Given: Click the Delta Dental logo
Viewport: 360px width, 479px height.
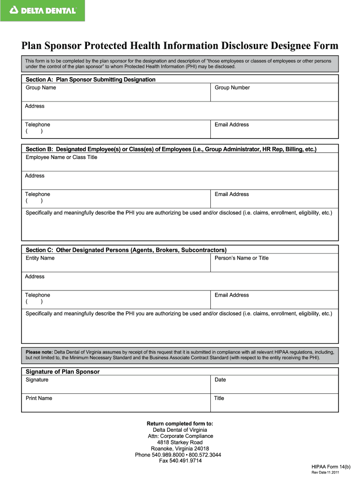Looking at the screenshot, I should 43,10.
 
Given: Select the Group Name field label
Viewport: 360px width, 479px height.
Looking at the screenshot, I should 41,88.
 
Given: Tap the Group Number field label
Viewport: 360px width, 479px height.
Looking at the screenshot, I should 232,88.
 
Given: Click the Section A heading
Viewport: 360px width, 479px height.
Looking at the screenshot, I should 90,80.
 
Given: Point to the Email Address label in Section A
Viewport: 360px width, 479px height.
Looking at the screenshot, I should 231,125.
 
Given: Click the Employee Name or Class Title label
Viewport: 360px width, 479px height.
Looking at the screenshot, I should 61,158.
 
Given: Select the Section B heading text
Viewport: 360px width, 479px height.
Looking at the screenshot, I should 171,149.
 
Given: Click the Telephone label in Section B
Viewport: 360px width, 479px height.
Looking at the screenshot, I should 37,195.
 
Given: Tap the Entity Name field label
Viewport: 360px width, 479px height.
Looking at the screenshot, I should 40,258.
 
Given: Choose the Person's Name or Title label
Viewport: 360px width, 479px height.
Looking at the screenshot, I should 241,258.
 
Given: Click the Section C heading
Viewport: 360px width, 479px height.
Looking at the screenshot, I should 126,250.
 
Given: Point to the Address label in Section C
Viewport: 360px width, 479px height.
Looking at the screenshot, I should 35,277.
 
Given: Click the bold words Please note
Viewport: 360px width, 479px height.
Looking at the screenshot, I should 39,352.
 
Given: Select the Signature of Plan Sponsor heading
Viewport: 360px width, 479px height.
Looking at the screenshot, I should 62,372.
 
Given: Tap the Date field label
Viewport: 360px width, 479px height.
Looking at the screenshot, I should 220,380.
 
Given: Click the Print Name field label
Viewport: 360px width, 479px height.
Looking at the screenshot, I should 39,399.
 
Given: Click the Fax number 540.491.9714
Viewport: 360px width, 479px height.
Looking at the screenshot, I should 180,461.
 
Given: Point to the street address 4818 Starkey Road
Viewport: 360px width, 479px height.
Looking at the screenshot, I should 180,443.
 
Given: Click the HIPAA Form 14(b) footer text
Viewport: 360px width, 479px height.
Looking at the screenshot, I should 331,467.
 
